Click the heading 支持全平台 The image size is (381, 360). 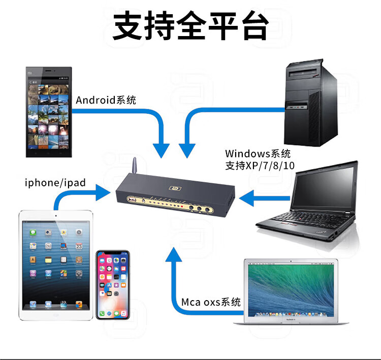click(x=190, y=26)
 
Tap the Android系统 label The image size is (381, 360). click(x=106, y=100)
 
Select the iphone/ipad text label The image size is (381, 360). click(x=55, y=183)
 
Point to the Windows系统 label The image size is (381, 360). click(x=258, y=153)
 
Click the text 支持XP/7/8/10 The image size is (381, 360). click(x=260, y=166)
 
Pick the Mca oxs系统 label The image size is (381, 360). click(x=211, y=302)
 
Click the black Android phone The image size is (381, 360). click(x=49, y=112)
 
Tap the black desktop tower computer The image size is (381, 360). click(x=311, y=103)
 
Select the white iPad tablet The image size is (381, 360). click(x=56, y=265)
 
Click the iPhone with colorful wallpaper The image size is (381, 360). click(x=113, y=285)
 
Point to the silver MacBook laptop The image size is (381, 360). click(x=291, y=291)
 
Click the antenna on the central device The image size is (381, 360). click(x=134, y=165)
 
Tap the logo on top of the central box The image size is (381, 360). click(x=175, y=188)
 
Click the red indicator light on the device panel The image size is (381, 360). click(x=182, y=206)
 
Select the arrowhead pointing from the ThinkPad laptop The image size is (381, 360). click(x=246, y=198)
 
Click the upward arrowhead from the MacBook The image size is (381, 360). click(x=174, y=254)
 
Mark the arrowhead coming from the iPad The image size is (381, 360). click(x=103, y=192)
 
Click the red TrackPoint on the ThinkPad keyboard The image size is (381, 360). click(x=301, y=219)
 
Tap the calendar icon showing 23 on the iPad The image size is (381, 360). click(x=79, y=246)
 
